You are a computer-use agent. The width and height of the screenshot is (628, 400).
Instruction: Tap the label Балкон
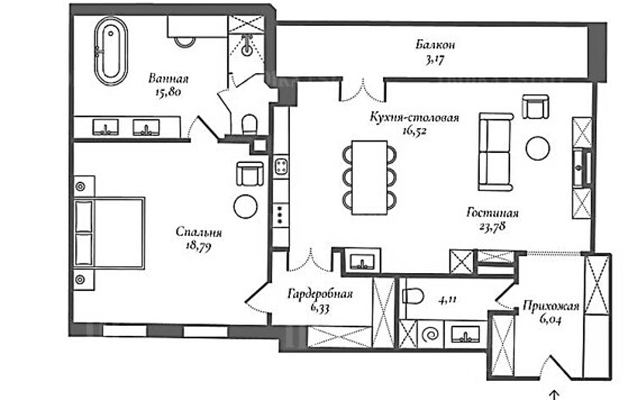pos(435,44)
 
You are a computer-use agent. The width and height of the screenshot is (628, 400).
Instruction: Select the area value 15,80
pos(168,92)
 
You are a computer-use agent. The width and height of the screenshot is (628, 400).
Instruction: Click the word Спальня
pos(199,232)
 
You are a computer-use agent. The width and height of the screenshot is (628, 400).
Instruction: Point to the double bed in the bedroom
pos(109,233)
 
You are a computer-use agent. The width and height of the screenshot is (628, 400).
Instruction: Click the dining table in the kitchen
pos(370,177)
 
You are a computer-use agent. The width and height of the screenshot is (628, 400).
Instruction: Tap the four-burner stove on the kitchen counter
pos(281,167)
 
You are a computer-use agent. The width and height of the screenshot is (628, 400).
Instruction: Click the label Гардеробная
pos(321,294)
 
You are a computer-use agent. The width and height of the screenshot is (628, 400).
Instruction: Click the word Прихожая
pos(551,307)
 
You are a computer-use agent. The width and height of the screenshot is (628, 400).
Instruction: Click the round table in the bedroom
pos(246,207)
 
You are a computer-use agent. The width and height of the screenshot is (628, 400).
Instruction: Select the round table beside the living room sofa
pos(538,148)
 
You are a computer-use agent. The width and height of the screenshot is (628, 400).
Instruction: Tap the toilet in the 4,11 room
pos(413,297)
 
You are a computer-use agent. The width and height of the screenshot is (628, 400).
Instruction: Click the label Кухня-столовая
pos(415,118)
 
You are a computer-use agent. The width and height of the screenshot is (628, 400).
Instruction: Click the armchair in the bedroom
pos(250,173)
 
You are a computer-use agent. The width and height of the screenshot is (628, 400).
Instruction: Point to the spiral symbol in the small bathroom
pos(431,334)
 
